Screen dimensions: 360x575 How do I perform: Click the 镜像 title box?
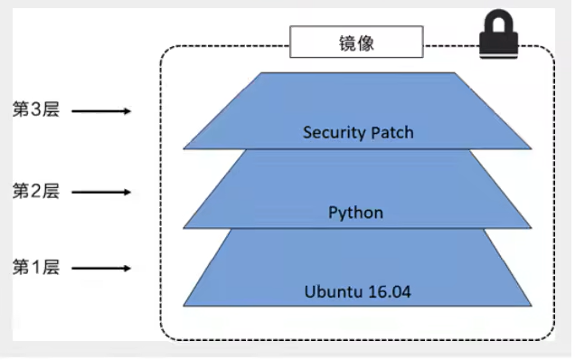click(x=355, y=43)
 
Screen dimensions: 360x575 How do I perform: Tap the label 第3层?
click(x=35, y=111)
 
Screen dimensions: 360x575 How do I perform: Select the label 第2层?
click(x=35, y=191)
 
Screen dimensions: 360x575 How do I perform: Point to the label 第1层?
click(x=35, y=268)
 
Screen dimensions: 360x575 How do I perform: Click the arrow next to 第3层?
click(x=101, y=112)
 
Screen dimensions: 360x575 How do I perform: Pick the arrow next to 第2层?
click(x=101, y=192)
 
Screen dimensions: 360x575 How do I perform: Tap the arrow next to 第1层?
click(x=101, y=269)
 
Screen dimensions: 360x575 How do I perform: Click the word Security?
click(x=330, y=133)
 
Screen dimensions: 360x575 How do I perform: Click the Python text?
click(x=355, y=213)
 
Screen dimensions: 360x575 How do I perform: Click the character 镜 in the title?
click(x=345, y=43)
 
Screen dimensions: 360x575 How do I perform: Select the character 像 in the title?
click(x=365, y=43)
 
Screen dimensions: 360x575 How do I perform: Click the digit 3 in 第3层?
click(x=35, y=111)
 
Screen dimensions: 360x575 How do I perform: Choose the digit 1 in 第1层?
click(x=35, y=268)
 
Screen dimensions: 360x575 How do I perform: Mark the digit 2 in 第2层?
click(x=35, y=191)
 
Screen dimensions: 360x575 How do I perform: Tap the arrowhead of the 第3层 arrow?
click(x=127, y=112)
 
